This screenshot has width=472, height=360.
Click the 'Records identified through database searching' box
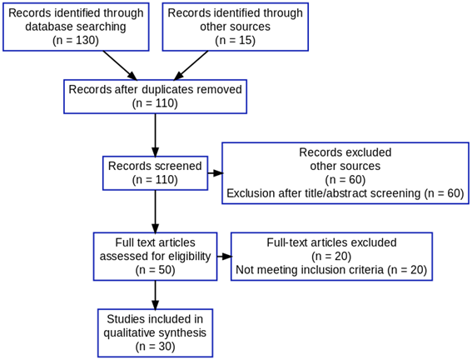pyautogui.click(x=76, y=27)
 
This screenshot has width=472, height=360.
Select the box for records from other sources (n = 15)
pyautogui.click(x=235, y=27)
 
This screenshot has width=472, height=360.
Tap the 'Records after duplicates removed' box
pyautogui.click(x=156, y=97)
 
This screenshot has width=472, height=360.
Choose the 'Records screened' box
pyautogui.click(x=156, y=173)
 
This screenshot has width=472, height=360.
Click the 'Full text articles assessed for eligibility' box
pyautogui.click(x=156, y=257)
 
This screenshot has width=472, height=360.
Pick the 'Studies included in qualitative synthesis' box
pyautogui.click(x=156, y=332)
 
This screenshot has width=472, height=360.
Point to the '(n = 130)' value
pyautogui.click(x=76, y=40)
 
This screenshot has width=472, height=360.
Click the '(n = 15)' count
pyautogui.click(x=235, y=40)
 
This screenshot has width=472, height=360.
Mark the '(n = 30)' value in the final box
pyautogui.click(x=156, y=347)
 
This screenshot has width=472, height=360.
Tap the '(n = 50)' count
pyautogui.click(x=156, y=270)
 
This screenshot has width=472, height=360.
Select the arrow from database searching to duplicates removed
pyautogui.click(x=120, y=65)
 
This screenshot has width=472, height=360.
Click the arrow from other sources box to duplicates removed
pyautogui.click(x=191, y=65)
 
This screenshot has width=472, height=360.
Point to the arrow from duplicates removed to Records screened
pyautogui.click(x=156, y=135)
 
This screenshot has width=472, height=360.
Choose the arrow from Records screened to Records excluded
pyautogui.click(x=216, y=173)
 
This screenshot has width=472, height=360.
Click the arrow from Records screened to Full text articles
pyautogui.click(x=156, y=212)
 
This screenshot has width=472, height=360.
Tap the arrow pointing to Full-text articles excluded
pyautogui.click(x=225, y=257)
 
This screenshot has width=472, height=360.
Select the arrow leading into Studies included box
pyautogui.click(x=156, y=295)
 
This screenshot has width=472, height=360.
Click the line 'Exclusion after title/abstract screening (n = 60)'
pyautogui.click(x=345, y=193)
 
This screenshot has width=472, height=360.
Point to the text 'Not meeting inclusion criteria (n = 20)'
pyautogui.click(x=331, y=270)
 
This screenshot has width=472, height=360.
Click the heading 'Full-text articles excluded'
pyautogui.click(x=331, y=242)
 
